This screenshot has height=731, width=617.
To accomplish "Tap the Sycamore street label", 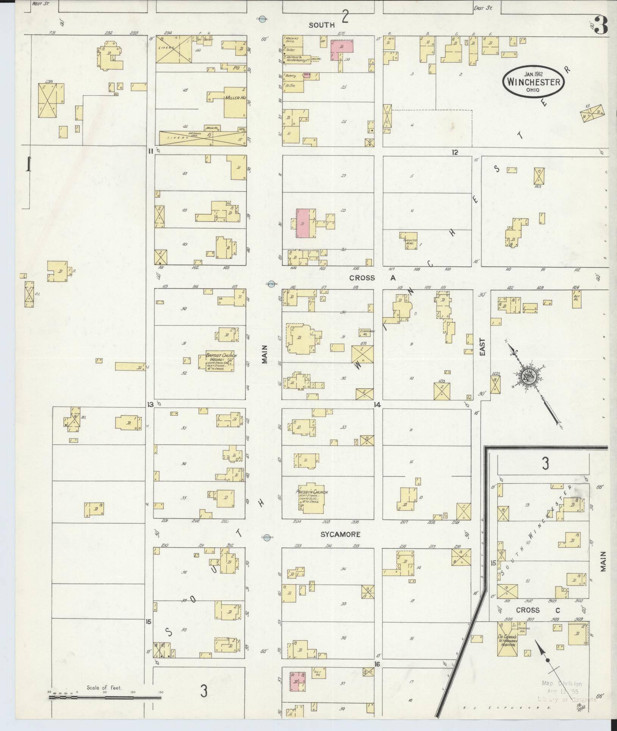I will coord(340,534).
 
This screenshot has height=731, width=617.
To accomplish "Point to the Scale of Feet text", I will coord(104,687).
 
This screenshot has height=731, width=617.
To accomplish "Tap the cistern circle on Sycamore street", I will coord(266,537).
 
